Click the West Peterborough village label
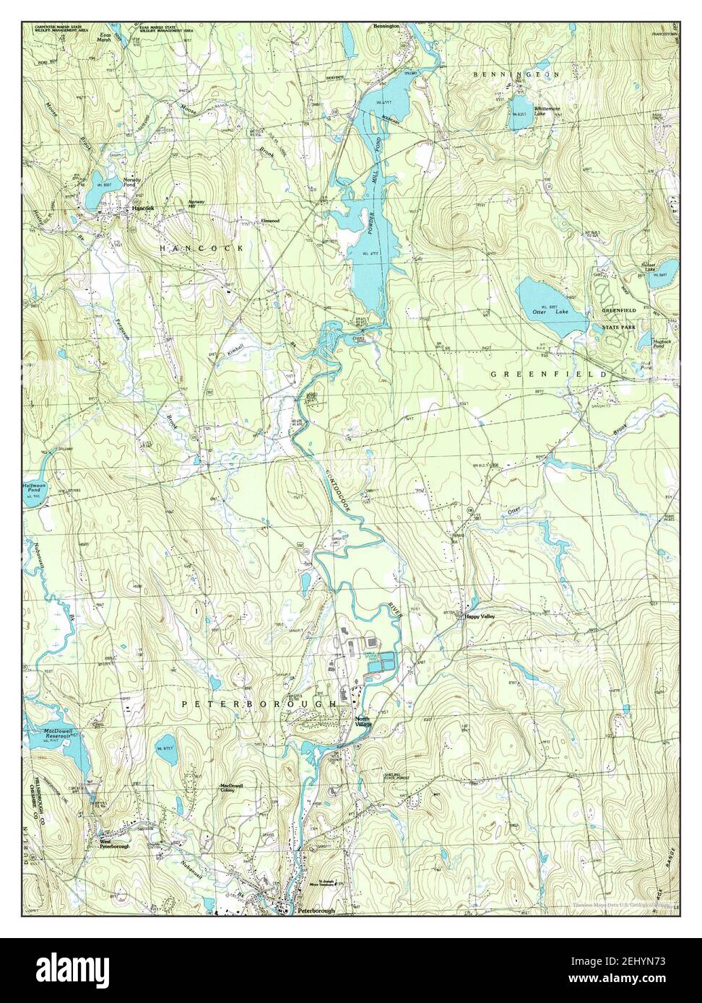pyautogui.click(x=114, y=844)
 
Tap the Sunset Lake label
pyautogui.click(x=653, y=266)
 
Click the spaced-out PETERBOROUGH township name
pyautogui.click(x=259, y=702)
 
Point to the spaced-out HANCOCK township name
pyautogui.click(x=201, y=248)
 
